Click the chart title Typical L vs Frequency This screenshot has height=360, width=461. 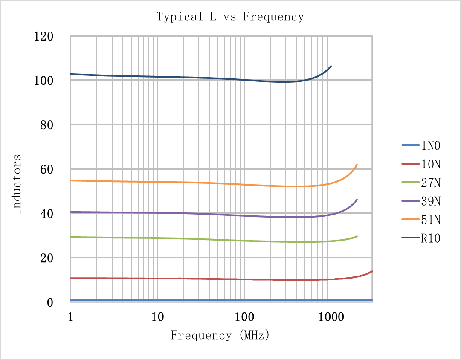pyautogui.click(x=230, y=17)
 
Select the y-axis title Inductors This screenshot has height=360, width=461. pyautogui.click(x=16, y=184)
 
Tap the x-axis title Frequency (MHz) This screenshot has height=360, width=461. pyautogui.click(x=220, y=335)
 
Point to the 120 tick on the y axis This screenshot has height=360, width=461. pyautogui.click(x=43, y=36)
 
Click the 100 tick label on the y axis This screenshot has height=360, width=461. pyautogui.click(x=43, y=81)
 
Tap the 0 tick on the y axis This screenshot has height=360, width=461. pyautogui.click(x=50, y=302)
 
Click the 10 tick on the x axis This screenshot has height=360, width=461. pyautogui.click(x=157, y=317)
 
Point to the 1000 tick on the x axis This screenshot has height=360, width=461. pyautogui.click(x=331, y=317)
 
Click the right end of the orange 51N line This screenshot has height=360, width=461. pyautogui.click(x=357, y=165)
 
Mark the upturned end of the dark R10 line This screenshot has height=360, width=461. pyautogui.click(x=331, y=66)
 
